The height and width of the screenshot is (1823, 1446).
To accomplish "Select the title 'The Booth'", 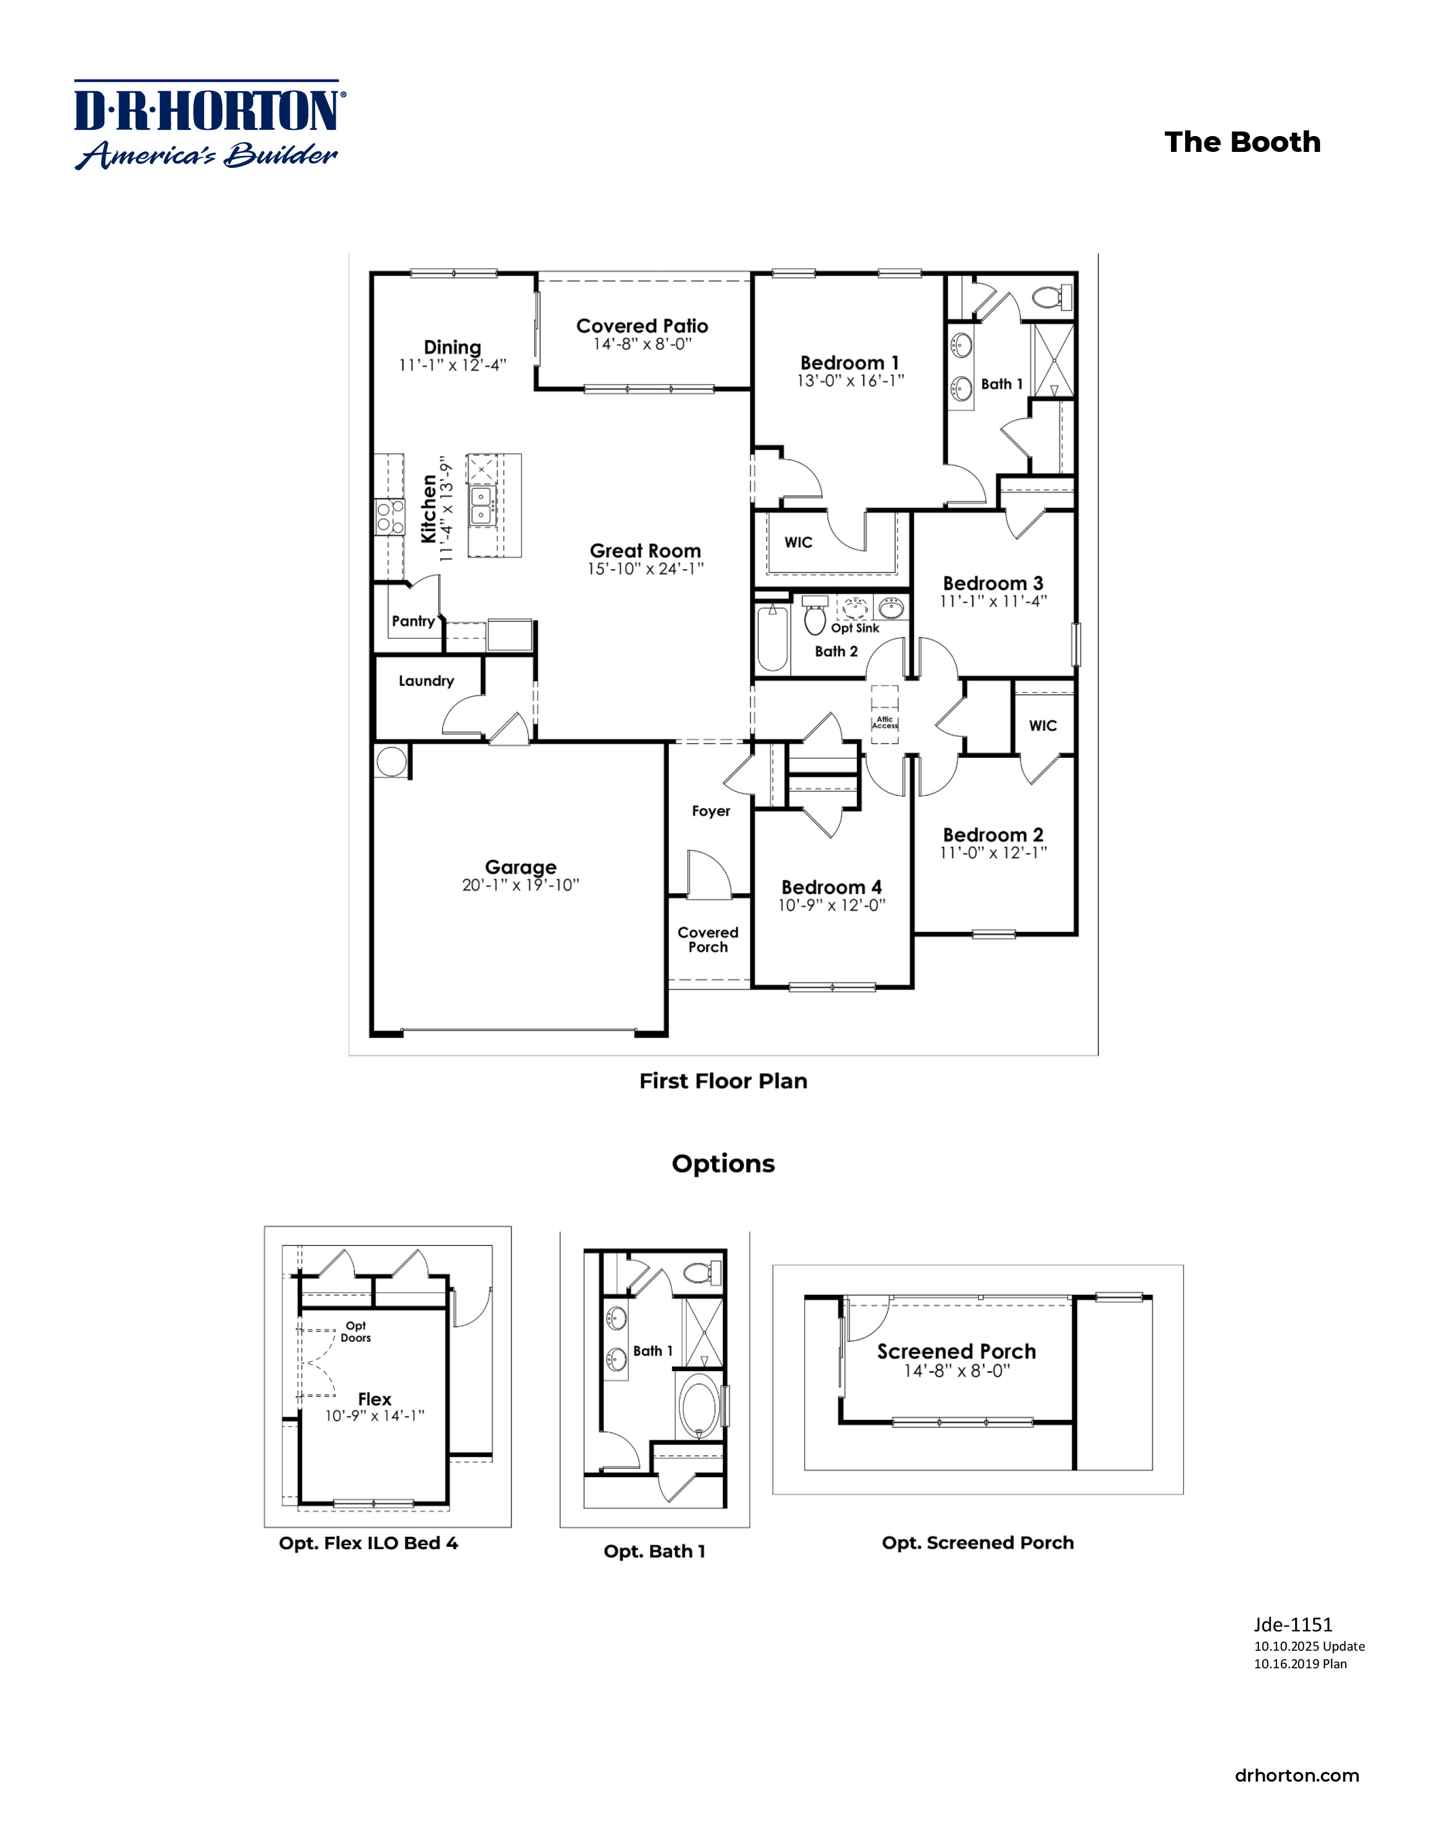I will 1241,142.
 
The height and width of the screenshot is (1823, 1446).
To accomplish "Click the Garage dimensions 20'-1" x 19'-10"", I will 520,885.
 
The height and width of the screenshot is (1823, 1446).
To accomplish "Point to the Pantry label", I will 413,621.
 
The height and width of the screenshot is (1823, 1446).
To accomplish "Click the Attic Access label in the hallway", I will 885,722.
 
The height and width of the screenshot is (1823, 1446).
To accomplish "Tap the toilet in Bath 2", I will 814,616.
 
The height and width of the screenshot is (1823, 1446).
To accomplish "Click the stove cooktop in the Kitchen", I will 389,516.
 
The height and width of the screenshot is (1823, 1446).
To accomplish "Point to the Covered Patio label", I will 642,325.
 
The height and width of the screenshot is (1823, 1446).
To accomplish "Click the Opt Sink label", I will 855,628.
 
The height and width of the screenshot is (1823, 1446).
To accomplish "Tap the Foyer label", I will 711,811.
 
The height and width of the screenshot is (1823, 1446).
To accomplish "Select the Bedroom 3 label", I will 993,583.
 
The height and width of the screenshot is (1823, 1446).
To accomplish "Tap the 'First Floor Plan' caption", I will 723,1080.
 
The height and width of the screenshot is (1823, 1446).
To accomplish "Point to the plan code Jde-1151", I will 1293,1624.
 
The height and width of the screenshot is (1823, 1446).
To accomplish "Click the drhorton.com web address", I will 1296,1775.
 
